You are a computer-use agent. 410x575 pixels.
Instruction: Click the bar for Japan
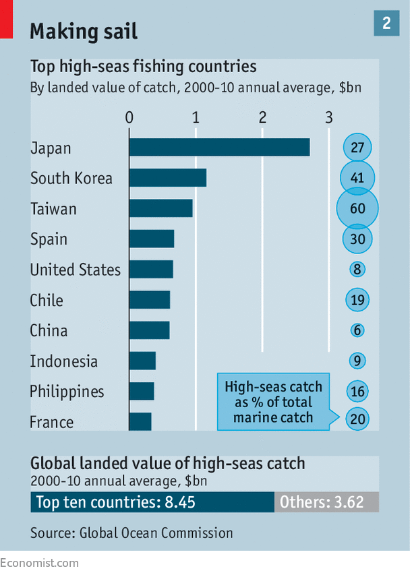click(x=219, y=147)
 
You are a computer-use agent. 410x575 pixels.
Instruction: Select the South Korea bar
click(x=168, y=177)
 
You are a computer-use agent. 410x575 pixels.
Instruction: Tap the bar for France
click(x=140, y=421)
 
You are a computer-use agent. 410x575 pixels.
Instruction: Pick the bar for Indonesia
click(x=142, y=361)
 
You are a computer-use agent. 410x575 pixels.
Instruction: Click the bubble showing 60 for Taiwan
click(x=357, y=208)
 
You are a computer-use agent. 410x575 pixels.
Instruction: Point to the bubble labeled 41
click(x=357, y=177)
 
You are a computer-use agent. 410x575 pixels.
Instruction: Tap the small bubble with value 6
click(x=357, y=330)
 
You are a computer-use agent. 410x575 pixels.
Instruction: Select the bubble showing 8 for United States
click(x=357, y=269)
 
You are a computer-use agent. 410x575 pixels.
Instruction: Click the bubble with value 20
click(x=357, y=419)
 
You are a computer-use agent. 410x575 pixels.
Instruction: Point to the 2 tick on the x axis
click(x=262, y=117)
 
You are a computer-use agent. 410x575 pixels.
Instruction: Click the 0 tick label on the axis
click(x=129, y=117)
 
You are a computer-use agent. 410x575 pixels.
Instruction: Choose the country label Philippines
click(x=67, y=392)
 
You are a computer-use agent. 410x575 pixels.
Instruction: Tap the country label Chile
click(x=47, y=300)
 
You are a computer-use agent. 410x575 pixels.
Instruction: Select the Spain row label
click(x=49, y=239)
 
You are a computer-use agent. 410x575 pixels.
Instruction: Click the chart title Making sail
click(x=84, y=31)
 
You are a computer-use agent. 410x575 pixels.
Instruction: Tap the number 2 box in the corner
click(x=386, y=23)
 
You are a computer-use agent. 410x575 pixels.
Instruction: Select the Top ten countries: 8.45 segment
click(x=152, y=502)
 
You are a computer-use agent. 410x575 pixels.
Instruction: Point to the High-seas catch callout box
click(x=274, y=402)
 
